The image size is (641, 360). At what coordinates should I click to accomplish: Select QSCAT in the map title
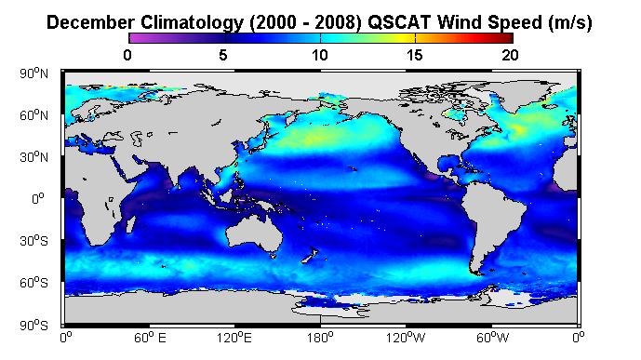click(399, 22)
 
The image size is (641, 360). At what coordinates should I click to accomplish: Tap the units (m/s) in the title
click(570, 23)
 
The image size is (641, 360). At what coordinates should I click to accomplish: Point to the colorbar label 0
click(127, 55)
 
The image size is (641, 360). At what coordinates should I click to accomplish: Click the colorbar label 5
click(222, 55)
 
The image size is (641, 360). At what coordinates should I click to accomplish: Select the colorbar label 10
click(320, 55)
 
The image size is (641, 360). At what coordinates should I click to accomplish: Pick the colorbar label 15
click(415, 55)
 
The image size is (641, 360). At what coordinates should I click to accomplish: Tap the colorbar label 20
click(510, 55)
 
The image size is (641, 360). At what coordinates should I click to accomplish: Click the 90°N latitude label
click(33, 73)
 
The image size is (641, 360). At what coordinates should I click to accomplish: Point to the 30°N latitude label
click(33, 157)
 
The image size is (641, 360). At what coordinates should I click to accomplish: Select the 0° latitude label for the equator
click(38, 199)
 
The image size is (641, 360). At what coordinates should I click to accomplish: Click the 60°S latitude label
click(33, 283)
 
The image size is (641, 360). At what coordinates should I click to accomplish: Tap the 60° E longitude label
click(150, 338)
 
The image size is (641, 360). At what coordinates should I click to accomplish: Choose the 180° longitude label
click(321, 338)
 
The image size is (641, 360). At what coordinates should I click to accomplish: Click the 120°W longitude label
click(407, 338)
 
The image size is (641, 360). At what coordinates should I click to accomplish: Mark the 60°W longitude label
click(492, 338)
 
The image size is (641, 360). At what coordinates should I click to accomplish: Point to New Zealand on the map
click(310, 256)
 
